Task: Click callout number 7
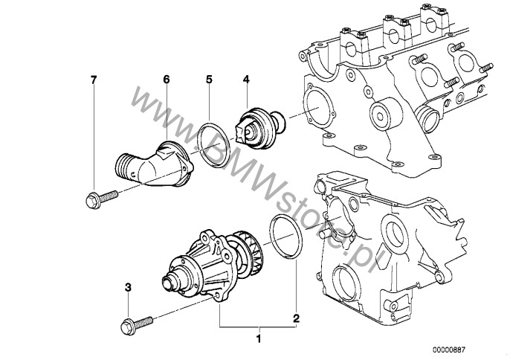pyautogui.click(x=94, y=80)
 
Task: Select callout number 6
pyautogui.click(x=167, y=80)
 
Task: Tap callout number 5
pyautogui.click(x=209, y=80)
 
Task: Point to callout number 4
pyautogui.click(x=246, y=80)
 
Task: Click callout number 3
pyautogui.click(x=128, y=287)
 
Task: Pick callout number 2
pyautogui.click(x=296, y=318)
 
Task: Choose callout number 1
pyautogui.click(x=259, y=339)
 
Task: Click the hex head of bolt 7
pyautogui.click(x=94, y=201)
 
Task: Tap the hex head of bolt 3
pyautogui.click(x=128, y=327)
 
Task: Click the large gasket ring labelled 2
pyautogui.click(x=286, y=237)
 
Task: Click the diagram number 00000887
pyautogui.click(x=449, y=350)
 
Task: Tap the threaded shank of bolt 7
pyautogui.click(x=109, y=196)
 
